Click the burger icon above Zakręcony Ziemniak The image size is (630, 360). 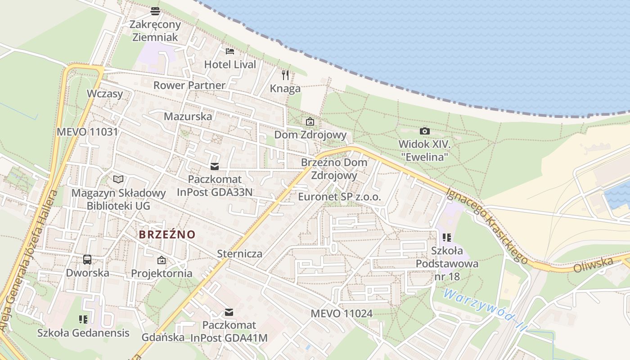point(155,11)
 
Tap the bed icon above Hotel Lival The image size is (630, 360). point(230,51)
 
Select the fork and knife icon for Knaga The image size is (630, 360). point(285,75)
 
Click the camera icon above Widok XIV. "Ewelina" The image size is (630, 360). point(424,131)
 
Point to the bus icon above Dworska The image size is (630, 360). point(87,259)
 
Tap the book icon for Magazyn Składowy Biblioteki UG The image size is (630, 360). point(118,179)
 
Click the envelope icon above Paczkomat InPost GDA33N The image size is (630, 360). point(215,166)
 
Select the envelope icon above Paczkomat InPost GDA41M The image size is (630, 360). point(229,312)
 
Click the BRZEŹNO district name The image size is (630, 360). point(167,234)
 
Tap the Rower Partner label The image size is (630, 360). point(189,85)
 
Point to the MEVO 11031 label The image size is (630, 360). point(87,132)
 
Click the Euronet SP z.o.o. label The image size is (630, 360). point(339,197)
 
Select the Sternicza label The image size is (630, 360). point(239,253)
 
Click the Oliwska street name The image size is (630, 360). point(594,264)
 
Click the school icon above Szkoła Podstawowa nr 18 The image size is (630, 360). point(447,237)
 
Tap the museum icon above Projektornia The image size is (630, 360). point(161,260)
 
